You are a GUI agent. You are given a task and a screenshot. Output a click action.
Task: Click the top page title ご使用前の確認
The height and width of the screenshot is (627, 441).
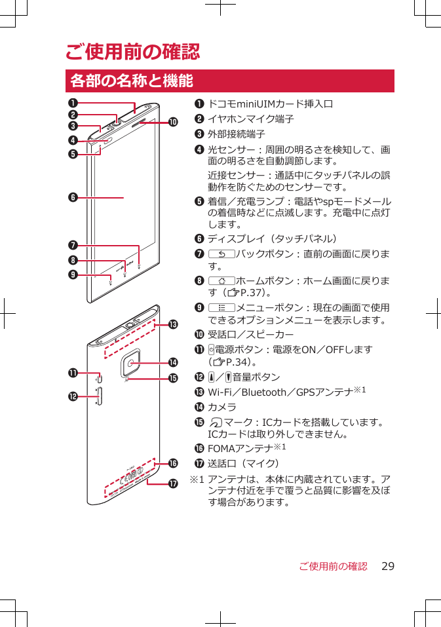point(132,51)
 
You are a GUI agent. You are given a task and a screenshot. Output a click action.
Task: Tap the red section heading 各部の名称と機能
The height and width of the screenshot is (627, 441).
point(131,81)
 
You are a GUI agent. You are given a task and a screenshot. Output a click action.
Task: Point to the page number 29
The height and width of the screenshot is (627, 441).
point(388,566)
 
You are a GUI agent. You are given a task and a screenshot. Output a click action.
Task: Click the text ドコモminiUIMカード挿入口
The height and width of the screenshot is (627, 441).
point(271,104)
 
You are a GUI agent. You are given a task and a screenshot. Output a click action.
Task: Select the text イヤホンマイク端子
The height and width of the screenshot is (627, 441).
point(250,119)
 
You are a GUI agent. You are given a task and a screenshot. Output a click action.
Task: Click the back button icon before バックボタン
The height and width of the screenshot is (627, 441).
point(221,254)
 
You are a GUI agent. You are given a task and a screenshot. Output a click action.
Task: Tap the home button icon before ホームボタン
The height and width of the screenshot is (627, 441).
point(221,281)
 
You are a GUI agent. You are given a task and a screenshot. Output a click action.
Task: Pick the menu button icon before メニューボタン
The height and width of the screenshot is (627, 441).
point(221,308)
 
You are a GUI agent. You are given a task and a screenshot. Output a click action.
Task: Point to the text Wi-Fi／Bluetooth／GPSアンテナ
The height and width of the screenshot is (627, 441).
point(282,392)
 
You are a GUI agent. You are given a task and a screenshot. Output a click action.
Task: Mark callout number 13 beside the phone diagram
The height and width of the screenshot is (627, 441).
point(173,324)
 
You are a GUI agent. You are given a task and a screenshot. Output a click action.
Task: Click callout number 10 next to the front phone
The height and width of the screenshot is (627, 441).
point(173,122)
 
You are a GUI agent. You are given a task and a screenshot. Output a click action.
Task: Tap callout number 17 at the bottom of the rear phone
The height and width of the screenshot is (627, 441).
point(173,484)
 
